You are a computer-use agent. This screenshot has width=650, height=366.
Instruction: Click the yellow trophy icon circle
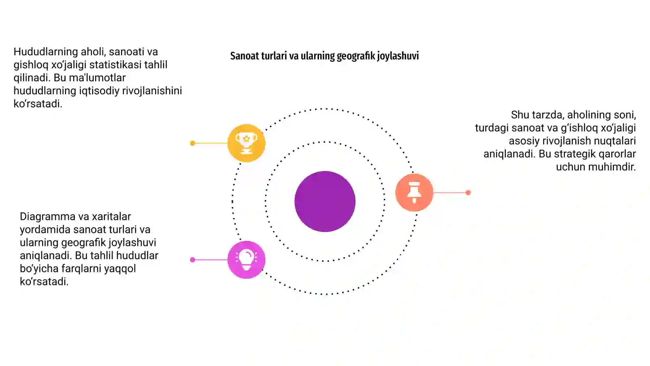click(x=246, y=143)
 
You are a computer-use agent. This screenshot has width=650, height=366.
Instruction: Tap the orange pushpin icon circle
click(x=414, y=192)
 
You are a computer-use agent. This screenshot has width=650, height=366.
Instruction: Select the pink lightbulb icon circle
click(x=246, y=260)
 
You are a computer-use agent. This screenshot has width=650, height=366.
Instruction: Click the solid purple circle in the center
click(x=325, y=201)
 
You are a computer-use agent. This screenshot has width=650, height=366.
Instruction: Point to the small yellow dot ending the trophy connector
click(x=193, y=143)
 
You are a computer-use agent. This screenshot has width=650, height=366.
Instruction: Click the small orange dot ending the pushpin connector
click(x=468, y=193)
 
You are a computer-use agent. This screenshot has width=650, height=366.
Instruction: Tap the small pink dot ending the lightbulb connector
click(x=193, y=260)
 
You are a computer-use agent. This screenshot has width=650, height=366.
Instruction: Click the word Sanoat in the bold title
click(x=244, y=56)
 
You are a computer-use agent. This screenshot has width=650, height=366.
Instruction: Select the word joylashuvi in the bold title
click(x=398, y=56)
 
